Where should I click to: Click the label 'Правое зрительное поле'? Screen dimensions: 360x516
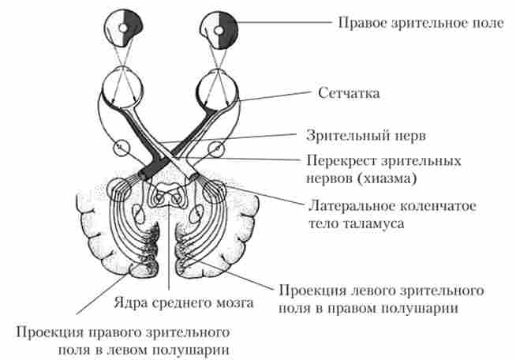pyautogui.click(x=420, y=23)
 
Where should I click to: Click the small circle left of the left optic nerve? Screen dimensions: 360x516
pyautogui.click(x=121, y=147)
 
